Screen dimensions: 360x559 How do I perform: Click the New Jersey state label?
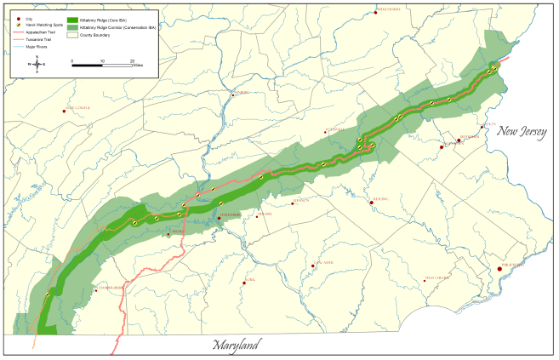[522, 132]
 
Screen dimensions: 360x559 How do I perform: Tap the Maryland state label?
[237, 345]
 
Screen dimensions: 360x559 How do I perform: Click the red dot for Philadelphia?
[499, 269]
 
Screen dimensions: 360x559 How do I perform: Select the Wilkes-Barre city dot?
[375, 12]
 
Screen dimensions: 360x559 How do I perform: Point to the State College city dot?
[66, 109]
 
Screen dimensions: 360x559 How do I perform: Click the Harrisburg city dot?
[219, 218]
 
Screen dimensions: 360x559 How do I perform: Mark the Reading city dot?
[373, 203]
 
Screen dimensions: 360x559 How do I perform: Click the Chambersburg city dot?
[96, 289]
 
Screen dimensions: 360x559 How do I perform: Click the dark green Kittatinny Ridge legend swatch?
[72, 19]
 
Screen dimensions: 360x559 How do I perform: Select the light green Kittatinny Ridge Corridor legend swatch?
[72, 27]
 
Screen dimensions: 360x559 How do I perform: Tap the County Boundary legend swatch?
[72, 36]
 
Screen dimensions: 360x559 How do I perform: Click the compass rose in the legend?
[37, 64]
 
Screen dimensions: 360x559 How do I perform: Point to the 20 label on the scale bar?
[132, 61]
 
